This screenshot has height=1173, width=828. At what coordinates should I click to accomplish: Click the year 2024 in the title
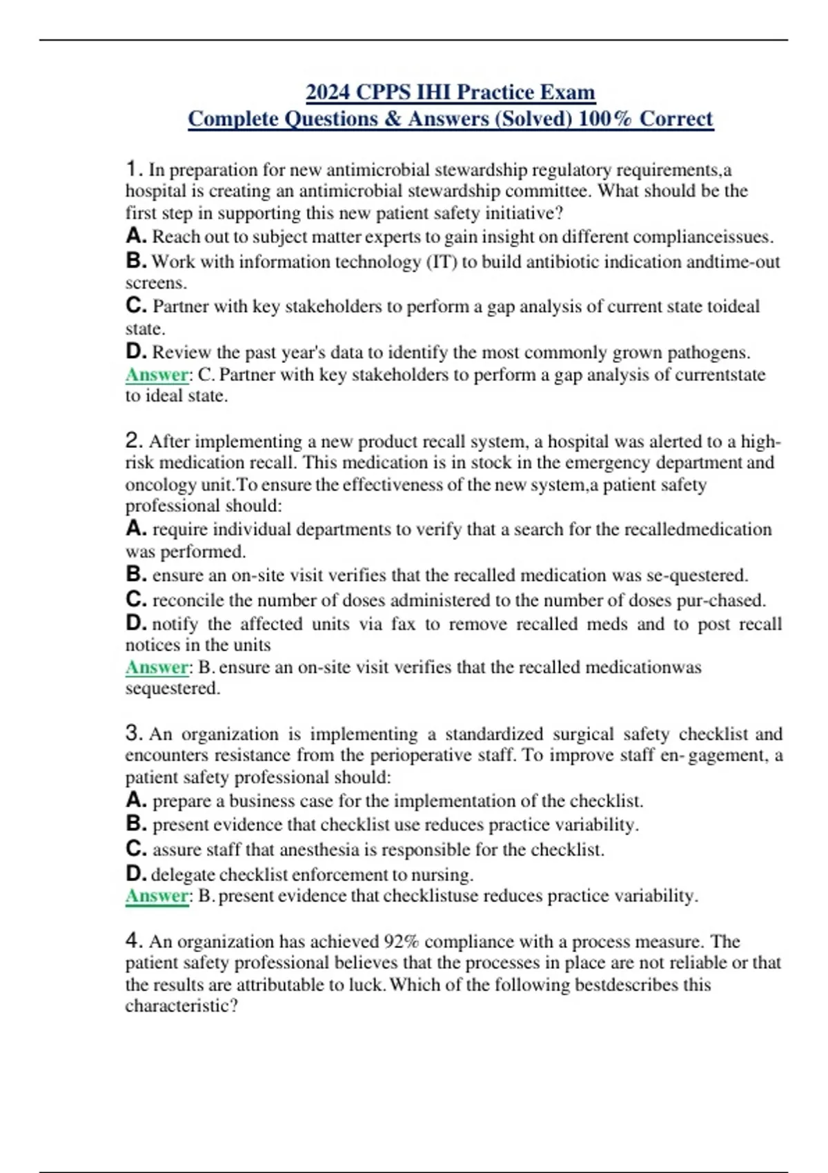(328, 92)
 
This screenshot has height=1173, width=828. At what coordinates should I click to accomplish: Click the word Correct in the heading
(676, 119)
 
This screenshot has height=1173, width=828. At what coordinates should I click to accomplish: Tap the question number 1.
(134, 169)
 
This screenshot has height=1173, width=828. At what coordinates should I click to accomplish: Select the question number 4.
(134, 940)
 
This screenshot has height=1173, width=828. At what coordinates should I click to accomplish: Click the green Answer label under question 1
(157, 375)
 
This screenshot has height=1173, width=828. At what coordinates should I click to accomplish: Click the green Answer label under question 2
(157, 667)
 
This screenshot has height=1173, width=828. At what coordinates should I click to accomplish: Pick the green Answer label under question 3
(157, 896)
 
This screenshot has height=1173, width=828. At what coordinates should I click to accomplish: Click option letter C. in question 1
(136, 306)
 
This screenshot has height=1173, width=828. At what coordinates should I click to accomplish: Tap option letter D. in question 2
(136, 624)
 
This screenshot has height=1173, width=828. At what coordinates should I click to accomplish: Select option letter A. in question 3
(136, 800)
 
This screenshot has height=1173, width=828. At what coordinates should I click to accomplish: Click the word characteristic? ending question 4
(181, 1006)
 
